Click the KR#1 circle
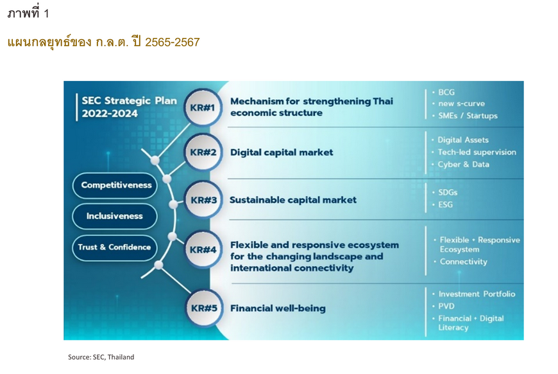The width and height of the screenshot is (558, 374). [203, 107]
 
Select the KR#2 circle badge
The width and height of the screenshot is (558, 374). [203, 152]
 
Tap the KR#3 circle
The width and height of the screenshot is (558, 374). [203, 200]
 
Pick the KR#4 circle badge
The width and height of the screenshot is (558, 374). [203, 249]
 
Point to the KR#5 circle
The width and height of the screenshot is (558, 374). [204, 308]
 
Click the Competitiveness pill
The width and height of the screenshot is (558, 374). [115, 186]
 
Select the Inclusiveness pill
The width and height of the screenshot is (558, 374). [115, 216]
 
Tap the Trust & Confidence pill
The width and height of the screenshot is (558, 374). [115, 247]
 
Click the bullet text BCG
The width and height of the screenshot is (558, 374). [446, 92]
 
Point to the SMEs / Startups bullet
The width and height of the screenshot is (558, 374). [468, 116]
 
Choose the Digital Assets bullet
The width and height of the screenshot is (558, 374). [463, 139]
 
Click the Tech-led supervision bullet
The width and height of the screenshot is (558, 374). [477, 152]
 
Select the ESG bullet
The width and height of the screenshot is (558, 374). [446, 204]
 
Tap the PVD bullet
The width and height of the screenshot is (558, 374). [446, 307]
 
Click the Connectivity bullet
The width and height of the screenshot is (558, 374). [463, 262]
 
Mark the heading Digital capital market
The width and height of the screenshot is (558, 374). [282, 152]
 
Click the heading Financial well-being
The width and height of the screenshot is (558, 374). [278, 308]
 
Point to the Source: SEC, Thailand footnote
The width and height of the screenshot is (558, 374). [101, 357]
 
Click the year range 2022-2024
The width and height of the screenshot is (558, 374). [110, 113]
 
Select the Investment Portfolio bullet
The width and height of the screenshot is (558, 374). [477, 294]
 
